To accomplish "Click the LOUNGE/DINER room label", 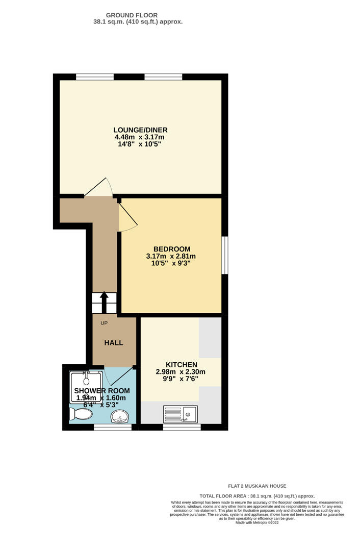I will pos(141,130).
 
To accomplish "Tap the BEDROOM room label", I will pos(171,249).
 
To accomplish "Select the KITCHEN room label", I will pos(181,365).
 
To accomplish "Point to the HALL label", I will pos(114,343).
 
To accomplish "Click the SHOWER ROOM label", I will pos(102,391).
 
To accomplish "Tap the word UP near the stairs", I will pos(104,323).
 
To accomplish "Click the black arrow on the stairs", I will pos(104,302).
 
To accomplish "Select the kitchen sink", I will pos(181,414).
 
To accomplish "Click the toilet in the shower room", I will pos(81,414).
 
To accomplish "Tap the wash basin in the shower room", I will pos(120,418).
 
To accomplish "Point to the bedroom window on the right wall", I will pos(225,255).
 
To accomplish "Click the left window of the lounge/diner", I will pos(95,77).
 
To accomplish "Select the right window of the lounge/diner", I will pos(163,77).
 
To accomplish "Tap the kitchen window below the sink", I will pos(182,427).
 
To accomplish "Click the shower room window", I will pos(113,427).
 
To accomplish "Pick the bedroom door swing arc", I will pos(128,217).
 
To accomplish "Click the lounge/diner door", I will pos(98,188).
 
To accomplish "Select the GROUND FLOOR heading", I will pos(132,15).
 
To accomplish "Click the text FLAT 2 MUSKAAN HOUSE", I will pos(257,486).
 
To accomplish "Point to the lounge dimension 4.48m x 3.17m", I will pos(140,137).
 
